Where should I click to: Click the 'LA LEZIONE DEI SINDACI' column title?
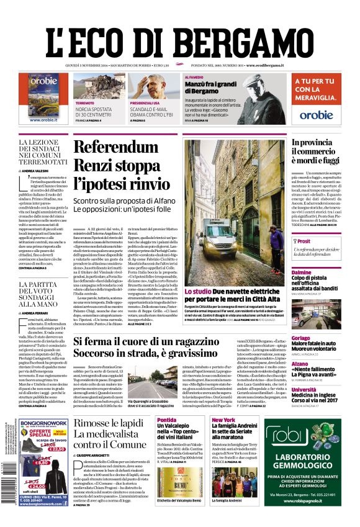pyautogui.click(x=43, y=152)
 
